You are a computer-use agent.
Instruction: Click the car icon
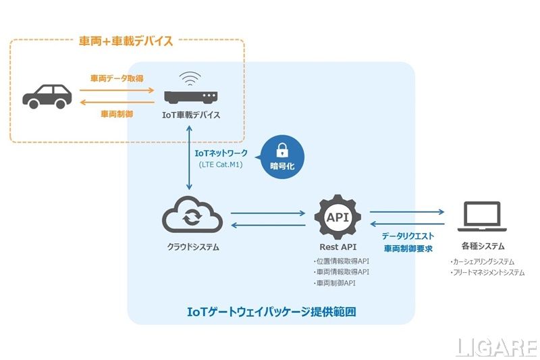tap(47, 95)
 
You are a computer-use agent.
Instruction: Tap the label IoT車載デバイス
tap(192, 115)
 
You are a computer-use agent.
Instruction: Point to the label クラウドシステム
tap(192, 247)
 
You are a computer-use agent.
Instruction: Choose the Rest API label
tap(338, 247)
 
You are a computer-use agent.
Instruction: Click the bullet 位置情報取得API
tap(342, 261)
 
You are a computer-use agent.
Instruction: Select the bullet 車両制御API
tap(334, 283)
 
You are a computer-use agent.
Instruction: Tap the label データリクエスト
tap(408, 236)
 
